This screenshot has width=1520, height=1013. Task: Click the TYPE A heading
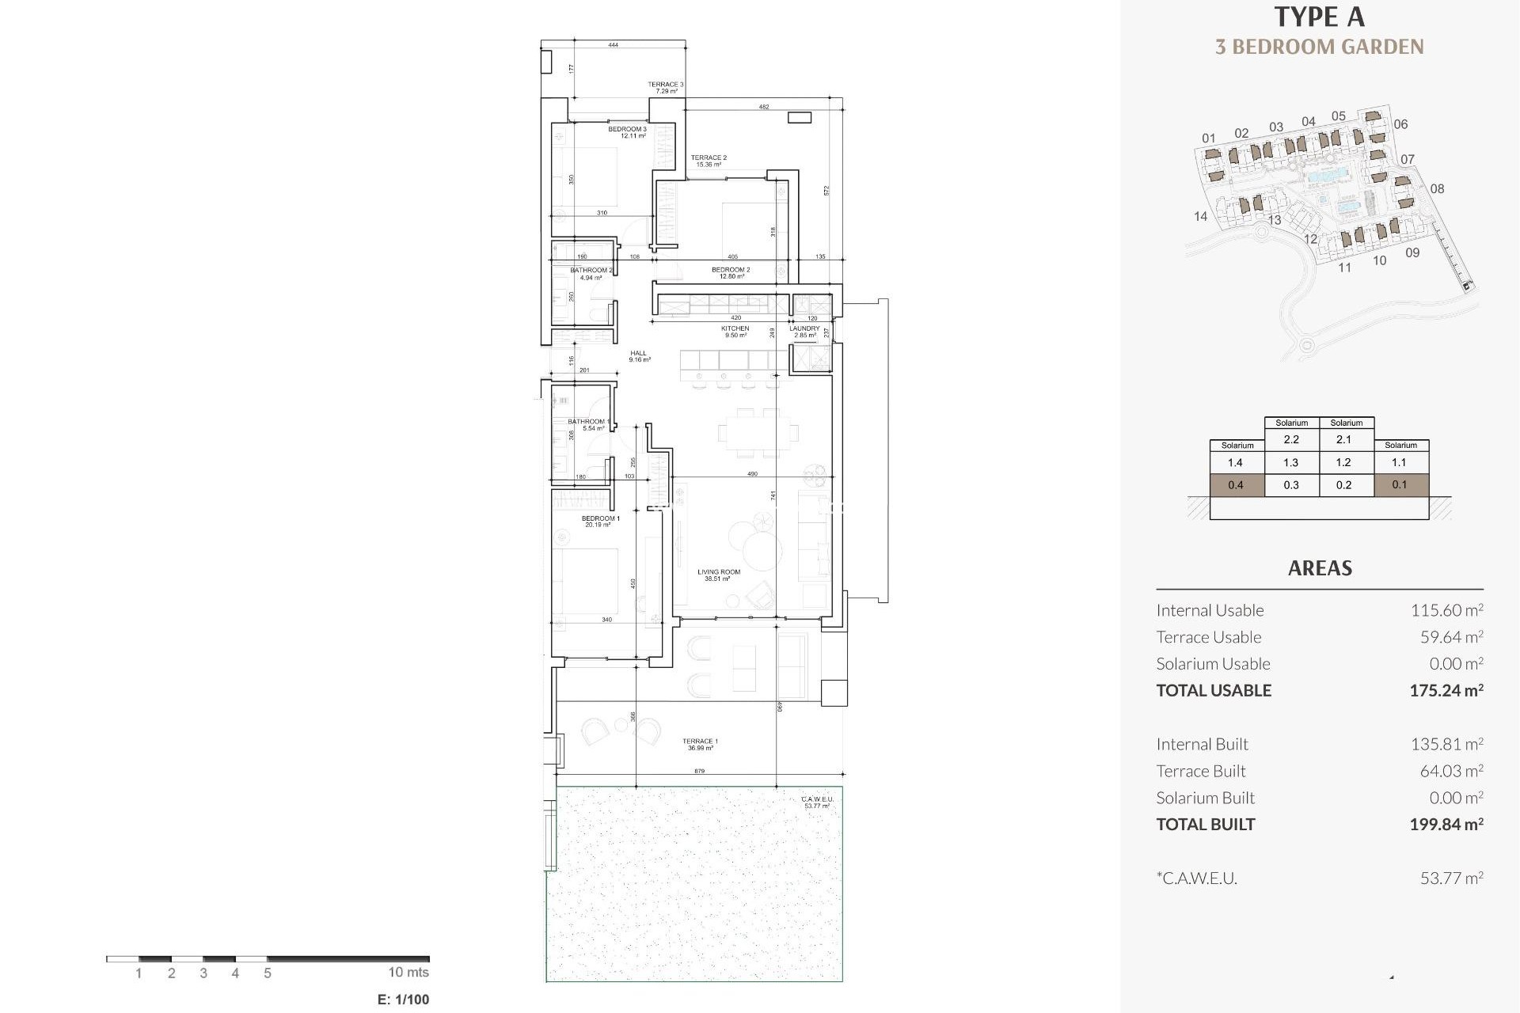(1319, 17)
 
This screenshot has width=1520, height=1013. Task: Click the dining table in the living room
(758, 433)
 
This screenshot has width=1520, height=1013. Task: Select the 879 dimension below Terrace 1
(699, 771)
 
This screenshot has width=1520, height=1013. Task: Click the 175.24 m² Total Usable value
(1446, 690)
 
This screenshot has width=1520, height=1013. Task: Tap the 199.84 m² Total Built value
(1446, 824)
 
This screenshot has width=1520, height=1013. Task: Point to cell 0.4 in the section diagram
(1236, 485)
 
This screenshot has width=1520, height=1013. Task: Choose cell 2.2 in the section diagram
(1291, 439)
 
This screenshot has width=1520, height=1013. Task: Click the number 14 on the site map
(1200, 216)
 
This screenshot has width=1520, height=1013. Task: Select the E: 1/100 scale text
(403, 1000)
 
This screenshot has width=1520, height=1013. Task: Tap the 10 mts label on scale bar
(408, 973)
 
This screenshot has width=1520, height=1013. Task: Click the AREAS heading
(1319, 568)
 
